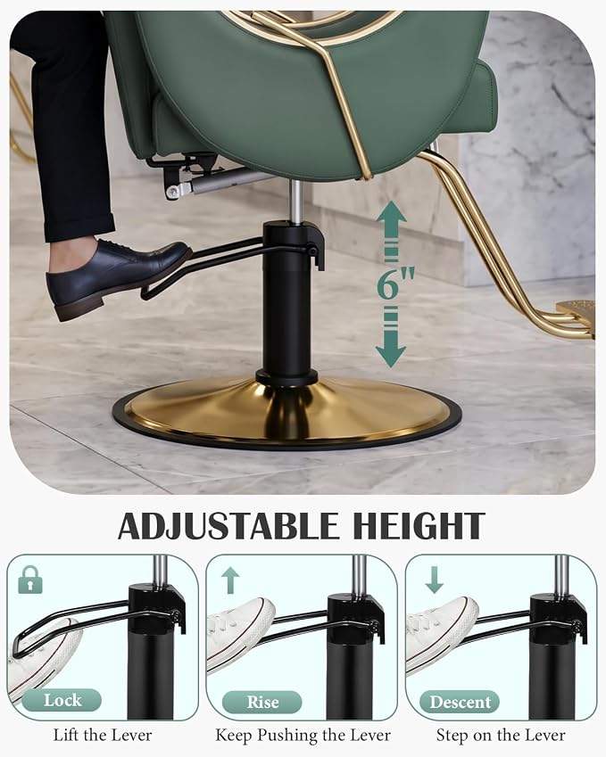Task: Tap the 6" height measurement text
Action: pos(394,284)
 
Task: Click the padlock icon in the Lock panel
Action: pos(29,580)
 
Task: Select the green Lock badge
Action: pos(62,700)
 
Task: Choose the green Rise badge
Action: pos(261,702)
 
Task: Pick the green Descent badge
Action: pos(460,702)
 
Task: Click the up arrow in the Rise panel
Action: pos(230,580)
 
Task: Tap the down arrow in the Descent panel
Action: pos(434,580)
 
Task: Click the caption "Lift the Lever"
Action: pos(103,736)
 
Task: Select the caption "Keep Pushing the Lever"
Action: pos(303,736)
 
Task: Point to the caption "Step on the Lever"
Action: pos(501,736)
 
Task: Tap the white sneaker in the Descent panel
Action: pos(441,632)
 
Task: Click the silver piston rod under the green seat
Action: pos(297,202)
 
